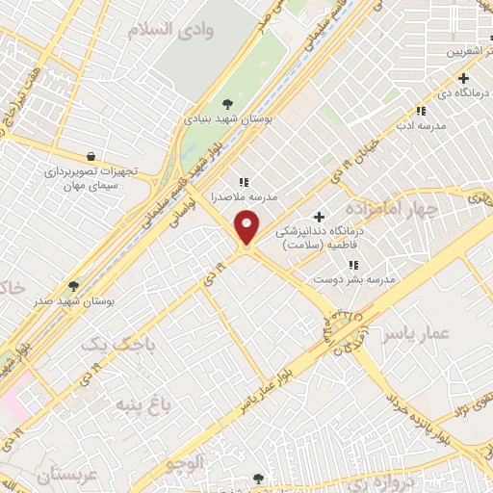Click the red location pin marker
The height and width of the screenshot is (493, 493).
[x=247, y=228]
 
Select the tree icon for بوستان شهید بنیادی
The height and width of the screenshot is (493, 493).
[x=227, y=104]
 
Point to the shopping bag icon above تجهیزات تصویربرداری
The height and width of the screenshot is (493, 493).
[x=90, y=155]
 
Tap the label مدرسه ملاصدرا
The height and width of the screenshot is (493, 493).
[x=244, y=196]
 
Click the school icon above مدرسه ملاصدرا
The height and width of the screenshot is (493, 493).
[x=244, y=181]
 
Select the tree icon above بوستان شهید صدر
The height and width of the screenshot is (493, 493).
[x=73, y=286]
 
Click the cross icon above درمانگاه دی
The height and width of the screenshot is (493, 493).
[x=464, y=78]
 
